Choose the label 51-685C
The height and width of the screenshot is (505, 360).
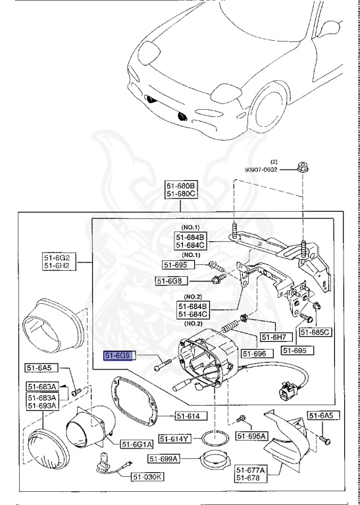click(315, 333)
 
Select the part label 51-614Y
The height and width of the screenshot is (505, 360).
click(176, 437)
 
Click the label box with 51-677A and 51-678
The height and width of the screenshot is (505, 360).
click(251, 474)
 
